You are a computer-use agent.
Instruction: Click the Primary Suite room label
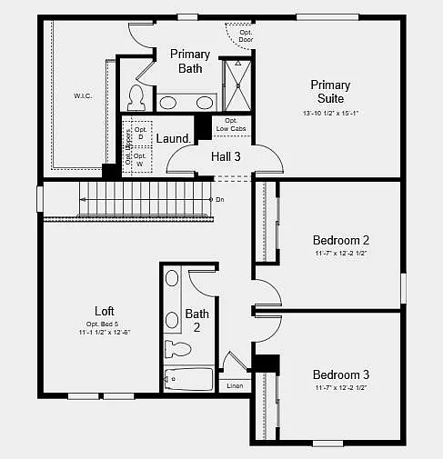click(x=329, y=91)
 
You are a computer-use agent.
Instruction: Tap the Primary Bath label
click(x=190, y=61)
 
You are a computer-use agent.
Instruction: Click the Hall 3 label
click(x=226, y=156)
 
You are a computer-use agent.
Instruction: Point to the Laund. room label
click(x=172, y=139)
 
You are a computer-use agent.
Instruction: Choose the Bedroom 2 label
click(x=340, y=240)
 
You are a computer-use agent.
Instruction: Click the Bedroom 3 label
click(x=340, y=374)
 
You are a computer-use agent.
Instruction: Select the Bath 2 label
click(x=197, y=320)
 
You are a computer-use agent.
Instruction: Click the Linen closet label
click(x=234, y=386)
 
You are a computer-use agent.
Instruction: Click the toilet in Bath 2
click(x=174, y=347)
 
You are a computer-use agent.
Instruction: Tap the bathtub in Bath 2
click(x=187, y=379)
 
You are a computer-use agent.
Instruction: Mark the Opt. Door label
click(x=245, y=36)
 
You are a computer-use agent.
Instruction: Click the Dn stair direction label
click(x=219, y=199)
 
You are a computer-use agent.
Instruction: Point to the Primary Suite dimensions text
click(x=329, y=114)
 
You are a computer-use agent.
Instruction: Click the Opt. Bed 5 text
click(x=105, y=324)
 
